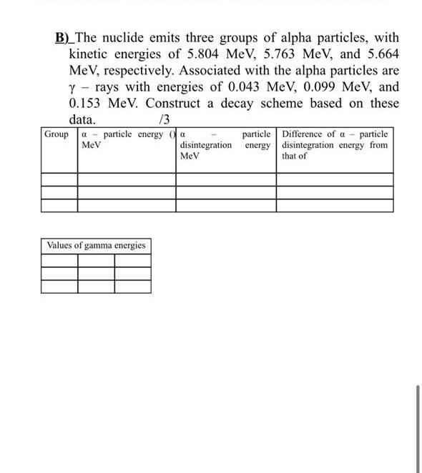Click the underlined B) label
(x=64, y=38)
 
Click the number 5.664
(x=377, y=54)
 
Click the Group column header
(x=57, y=134)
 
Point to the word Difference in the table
(x=306, y=134)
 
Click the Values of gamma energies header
(x=96, y=246)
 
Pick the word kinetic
(x=89, y=54)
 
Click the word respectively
(x=134, y=71)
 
